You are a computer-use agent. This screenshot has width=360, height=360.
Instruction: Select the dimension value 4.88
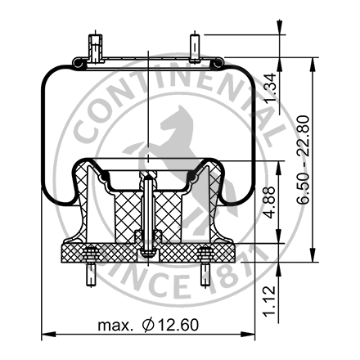(x=281, y=200)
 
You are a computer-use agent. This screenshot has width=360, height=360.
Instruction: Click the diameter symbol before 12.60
(x=147, y=326)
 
